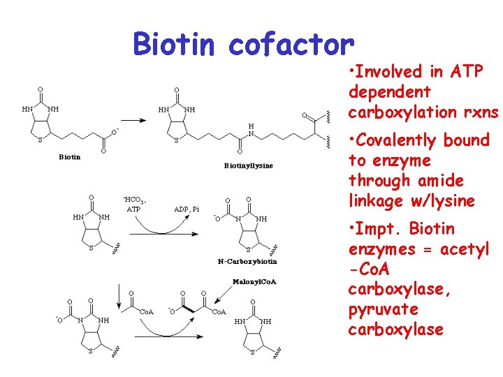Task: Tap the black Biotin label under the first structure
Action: pyautogui.click(x=69, y=156)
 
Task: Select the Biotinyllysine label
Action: pyautogui.click(x=249, y=165)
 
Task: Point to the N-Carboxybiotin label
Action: pyautogui.click(x=248, y=261)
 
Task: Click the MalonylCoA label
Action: pyautogui.click(x=255, y=281)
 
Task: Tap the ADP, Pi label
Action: pyautogui.click(x=187, y=209)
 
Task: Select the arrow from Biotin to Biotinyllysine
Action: pyautogui.click(x=136, y=119)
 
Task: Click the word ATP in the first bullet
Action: pyautogui.click(x=467, y=71)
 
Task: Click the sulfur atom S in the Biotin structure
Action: pyautogui.click(x=40, y=140)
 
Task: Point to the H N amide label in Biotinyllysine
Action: pyautogui.click(x=251, y=128)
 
